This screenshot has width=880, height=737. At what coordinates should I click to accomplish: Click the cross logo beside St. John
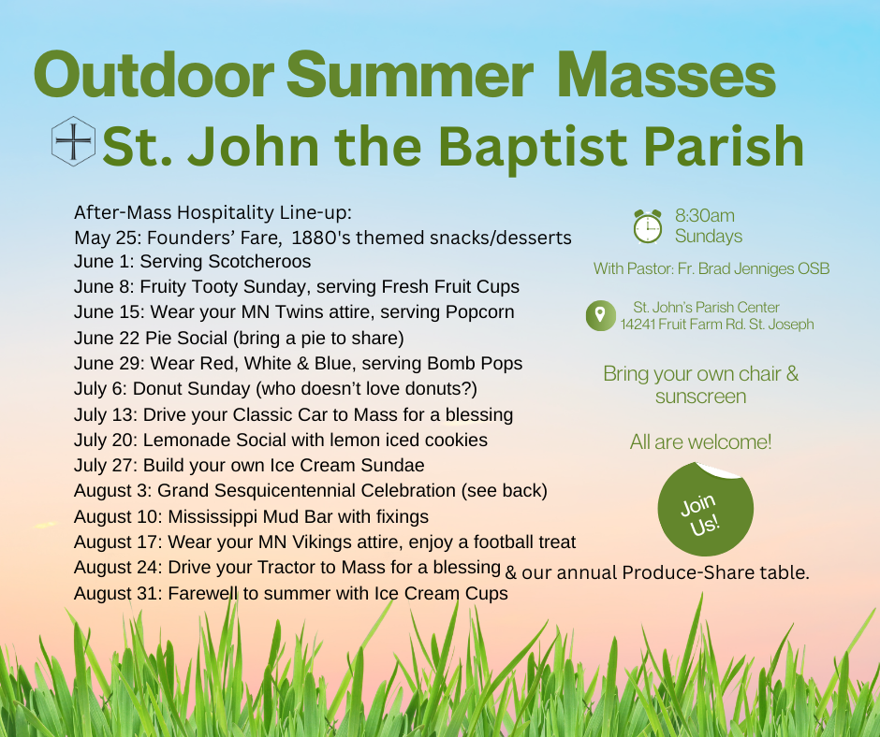73,141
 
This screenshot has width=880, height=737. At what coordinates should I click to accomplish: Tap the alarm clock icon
648,226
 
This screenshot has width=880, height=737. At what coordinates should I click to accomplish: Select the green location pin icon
600,315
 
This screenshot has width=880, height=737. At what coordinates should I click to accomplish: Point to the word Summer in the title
409,75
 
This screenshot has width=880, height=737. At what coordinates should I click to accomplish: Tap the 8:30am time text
704,215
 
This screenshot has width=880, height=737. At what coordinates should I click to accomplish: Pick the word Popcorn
479,311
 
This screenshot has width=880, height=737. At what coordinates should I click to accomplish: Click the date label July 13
105,415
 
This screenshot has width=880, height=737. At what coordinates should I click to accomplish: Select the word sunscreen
700,397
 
